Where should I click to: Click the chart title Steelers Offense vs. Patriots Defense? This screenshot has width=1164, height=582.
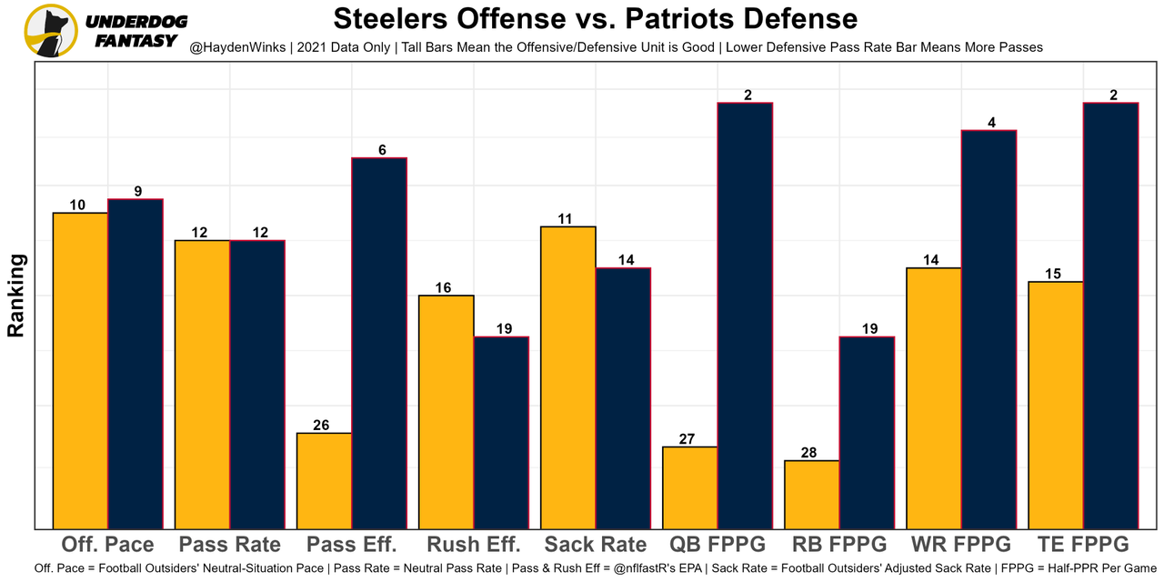click(595, 19)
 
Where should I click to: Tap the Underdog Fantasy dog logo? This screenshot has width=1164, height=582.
click(51, 31)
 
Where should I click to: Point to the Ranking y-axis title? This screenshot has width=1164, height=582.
click(15, 296)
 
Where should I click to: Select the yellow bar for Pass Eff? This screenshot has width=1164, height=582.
click(325, 480)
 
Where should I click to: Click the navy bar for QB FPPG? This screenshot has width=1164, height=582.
click(745, 315)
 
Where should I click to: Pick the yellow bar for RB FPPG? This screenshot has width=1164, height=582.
click(812, 494)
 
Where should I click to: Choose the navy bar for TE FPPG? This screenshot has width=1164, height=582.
click(1110, 315)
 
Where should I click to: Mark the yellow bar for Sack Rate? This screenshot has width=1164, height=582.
click(568, 376)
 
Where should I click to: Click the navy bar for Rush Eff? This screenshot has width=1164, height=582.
click(501, 432)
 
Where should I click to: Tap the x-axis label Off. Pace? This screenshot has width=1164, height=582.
click(107, 545)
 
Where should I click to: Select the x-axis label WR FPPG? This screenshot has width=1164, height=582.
click(960, 545)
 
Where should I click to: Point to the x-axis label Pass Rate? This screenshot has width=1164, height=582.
click(229, 545)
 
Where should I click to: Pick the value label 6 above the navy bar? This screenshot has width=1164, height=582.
click(382, 150)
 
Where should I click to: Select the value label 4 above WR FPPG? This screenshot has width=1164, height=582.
click(989, 123)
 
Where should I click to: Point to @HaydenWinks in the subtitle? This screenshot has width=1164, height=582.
click(233, 46)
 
